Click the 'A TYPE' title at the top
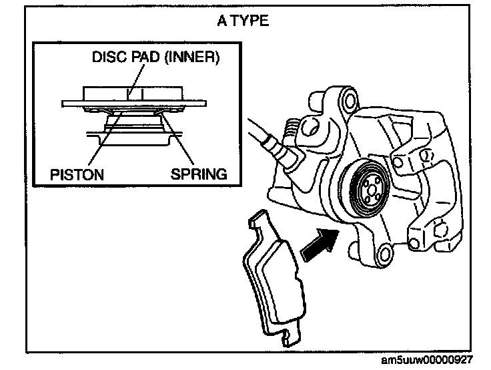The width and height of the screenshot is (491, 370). click(x=243, y=21)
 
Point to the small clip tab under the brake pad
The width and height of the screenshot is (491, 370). click(x=288, y=338)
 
